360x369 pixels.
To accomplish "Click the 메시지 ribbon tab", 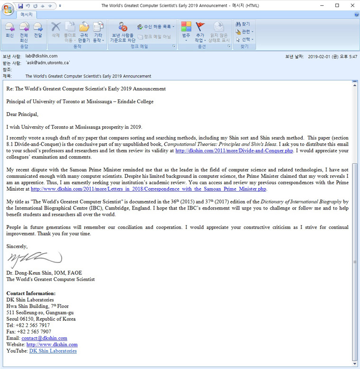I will point(26,15).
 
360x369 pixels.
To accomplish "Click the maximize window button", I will point(337,5).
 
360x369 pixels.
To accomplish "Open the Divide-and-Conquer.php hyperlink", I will point(234,151).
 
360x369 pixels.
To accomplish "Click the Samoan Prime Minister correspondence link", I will point(149,189).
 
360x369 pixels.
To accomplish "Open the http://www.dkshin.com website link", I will point(52,345).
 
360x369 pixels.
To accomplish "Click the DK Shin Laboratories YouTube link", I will point(53,351).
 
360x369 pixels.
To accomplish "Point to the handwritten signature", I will point(33,259).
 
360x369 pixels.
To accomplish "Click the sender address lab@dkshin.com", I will point(42,56).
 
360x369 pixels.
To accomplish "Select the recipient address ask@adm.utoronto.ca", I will point(48,63).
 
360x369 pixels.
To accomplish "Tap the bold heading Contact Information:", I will point(31,293).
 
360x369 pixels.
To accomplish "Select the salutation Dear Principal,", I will point(22,114).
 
